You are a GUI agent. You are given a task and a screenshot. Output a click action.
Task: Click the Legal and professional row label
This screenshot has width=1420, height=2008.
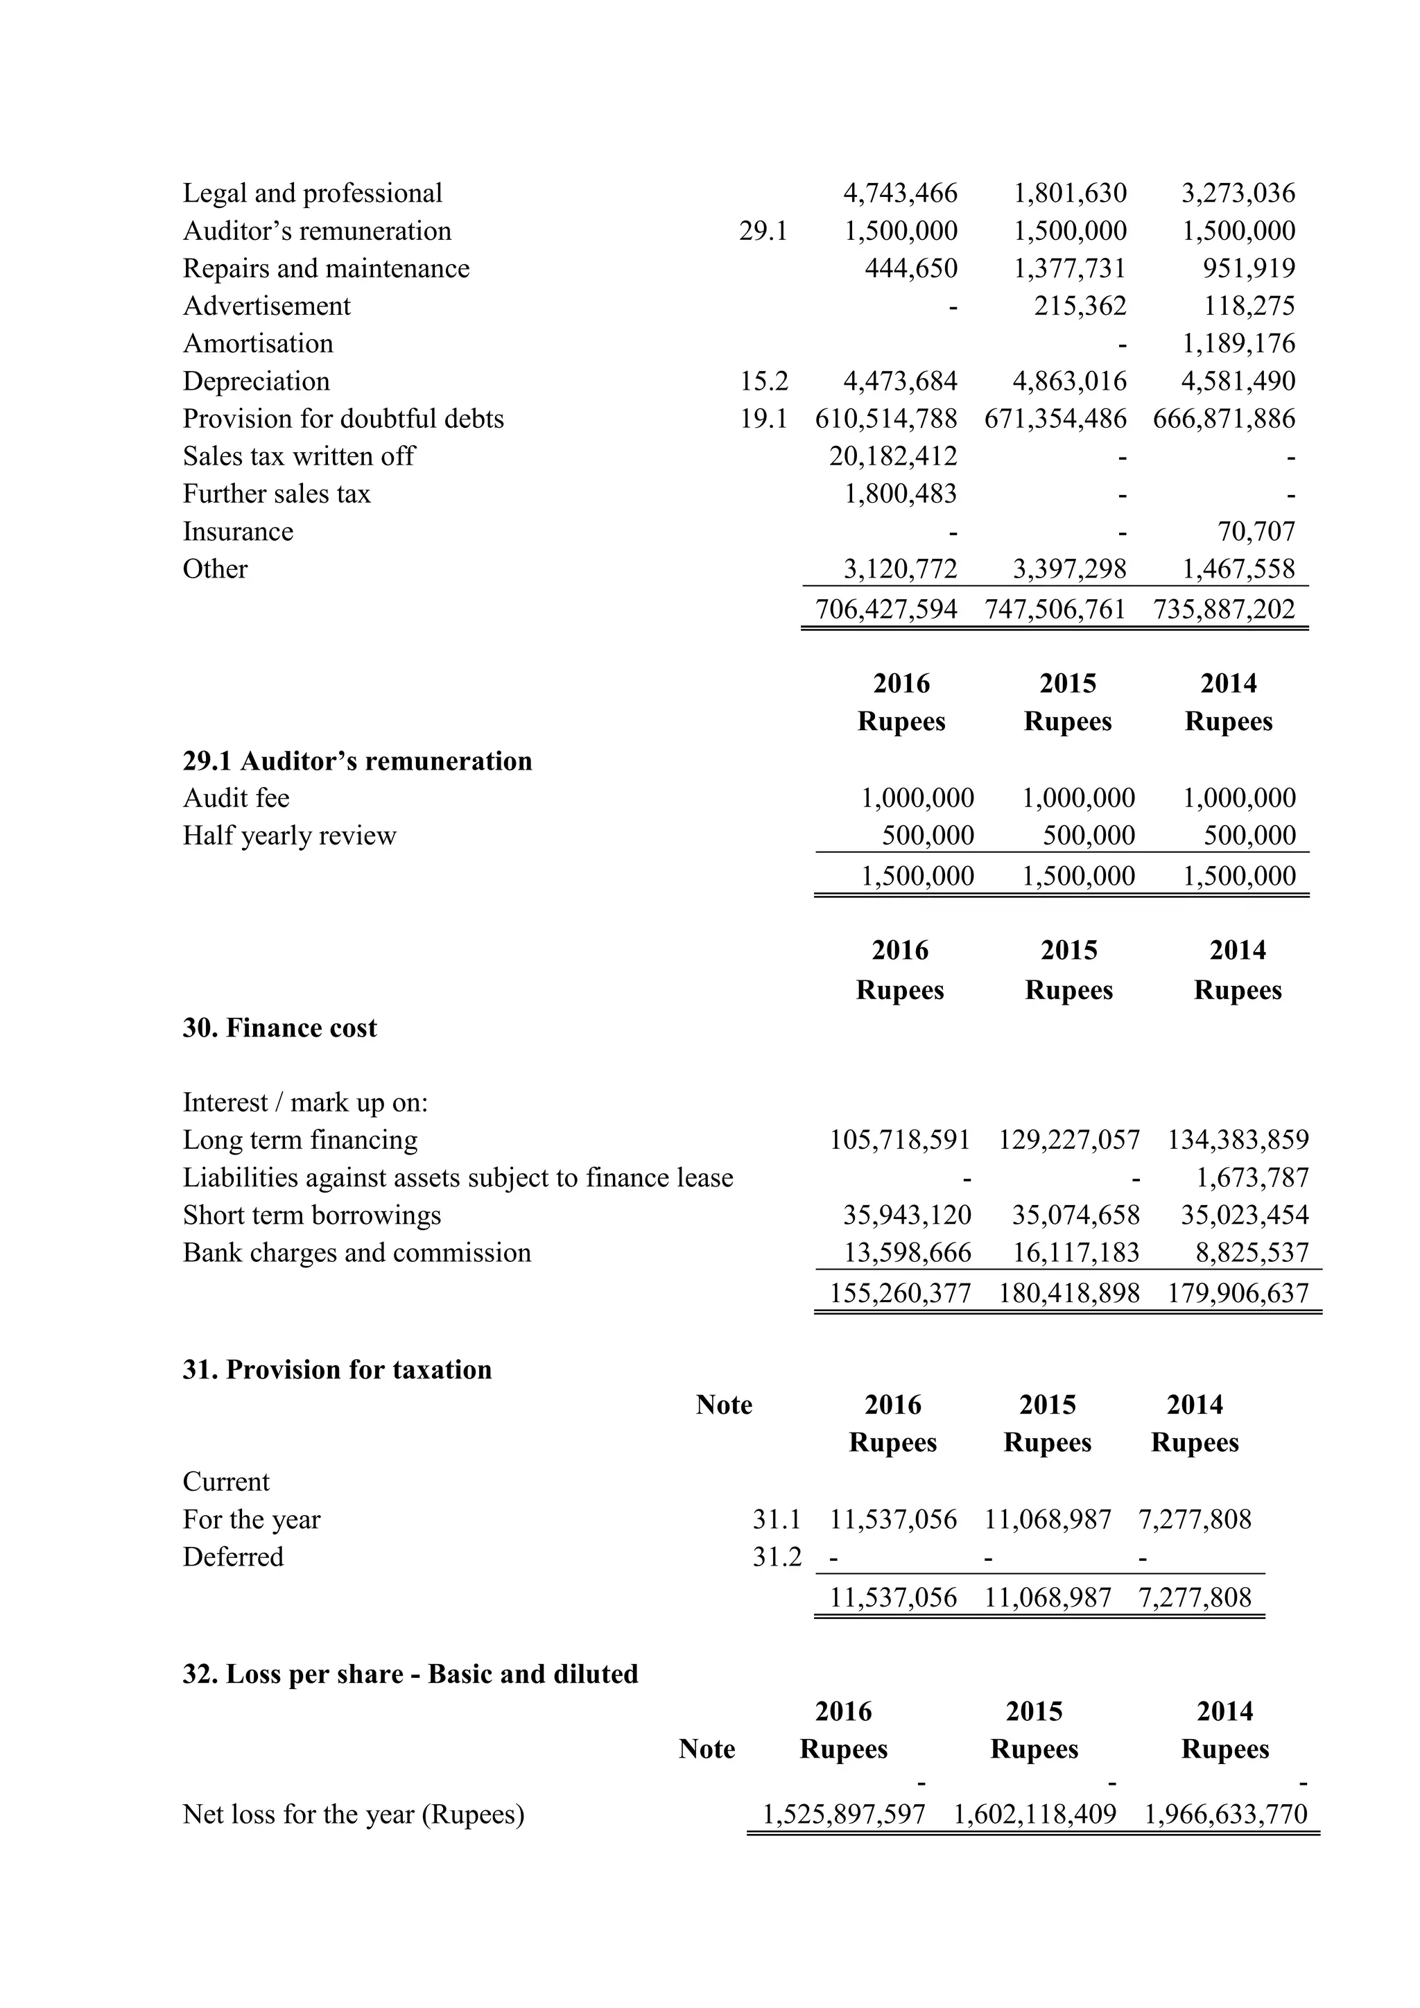312,193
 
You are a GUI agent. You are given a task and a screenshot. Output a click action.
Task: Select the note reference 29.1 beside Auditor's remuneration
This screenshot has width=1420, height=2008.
763,231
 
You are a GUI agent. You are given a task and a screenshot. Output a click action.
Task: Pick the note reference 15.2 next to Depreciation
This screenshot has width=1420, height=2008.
763,381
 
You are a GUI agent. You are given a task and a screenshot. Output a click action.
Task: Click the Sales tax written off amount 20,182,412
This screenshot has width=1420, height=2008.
893,456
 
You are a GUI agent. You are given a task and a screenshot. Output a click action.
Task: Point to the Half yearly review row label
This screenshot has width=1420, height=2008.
289,836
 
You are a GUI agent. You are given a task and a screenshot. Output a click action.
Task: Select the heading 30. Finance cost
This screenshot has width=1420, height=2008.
280,1028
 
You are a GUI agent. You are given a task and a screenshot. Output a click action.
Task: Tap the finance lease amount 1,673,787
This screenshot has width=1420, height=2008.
1252,1178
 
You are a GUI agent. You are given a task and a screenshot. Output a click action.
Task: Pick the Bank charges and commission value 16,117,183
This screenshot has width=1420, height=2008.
1075,1253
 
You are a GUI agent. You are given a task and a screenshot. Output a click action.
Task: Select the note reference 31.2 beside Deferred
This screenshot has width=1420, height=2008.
777,1557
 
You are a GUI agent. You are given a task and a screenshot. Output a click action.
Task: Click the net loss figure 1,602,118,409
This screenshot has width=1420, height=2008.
1034,1814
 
